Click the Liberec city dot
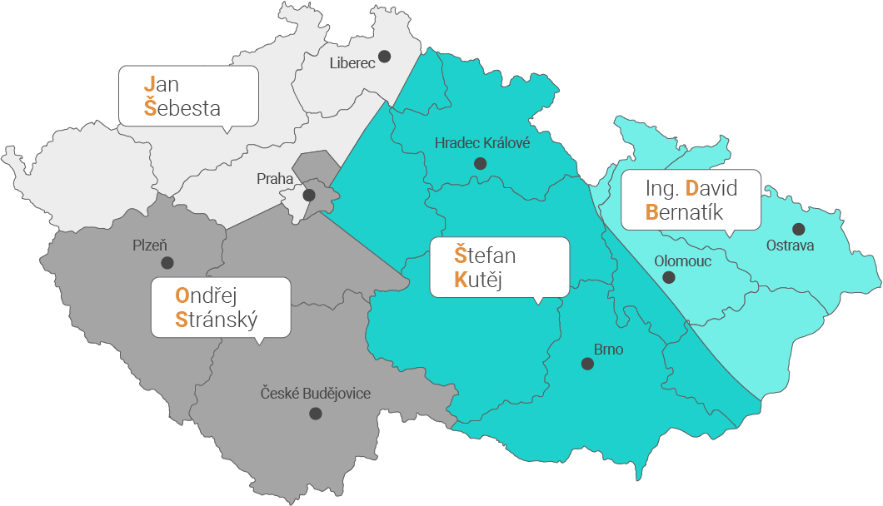(384, 57)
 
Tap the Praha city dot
(308, 196)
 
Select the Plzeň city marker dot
(167, 263)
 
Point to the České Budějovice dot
(315, 413)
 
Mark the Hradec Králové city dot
(479, 164)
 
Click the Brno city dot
(587, 364)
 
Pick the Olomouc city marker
(668, 279)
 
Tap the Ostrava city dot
(798, 229)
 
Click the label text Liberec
(352, 62)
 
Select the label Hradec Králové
(482, 143)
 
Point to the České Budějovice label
(316, 393)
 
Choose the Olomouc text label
(683, 260)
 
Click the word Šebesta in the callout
(182, 108)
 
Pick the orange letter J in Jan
(150, 84)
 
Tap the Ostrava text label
(790, 246)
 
